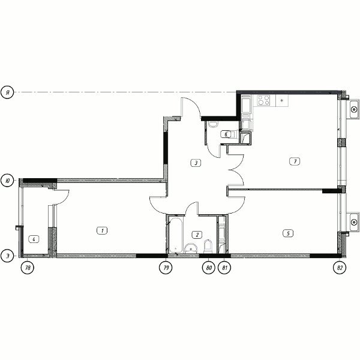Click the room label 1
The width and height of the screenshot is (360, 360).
(102, 230)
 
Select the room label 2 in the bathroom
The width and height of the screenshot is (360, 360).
(197, 235)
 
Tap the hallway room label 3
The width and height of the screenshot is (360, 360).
(196, 163)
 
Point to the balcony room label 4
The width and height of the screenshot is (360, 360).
(34, 239)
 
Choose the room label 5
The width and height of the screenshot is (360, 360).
(288, 233)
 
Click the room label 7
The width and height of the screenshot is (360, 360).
(295, 161)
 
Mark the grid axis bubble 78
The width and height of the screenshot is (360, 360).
(28, 268)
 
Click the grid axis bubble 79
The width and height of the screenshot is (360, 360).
(166, 268)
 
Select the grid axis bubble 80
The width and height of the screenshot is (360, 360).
(208, 268)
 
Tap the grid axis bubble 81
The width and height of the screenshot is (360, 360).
(224, 268)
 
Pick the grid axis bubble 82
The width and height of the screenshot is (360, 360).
(340, 268)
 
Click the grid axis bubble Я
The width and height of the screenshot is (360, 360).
(7, 92)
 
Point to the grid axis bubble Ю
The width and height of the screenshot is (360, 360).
(7, 180)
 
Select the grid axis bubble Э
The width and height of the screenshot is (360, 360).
(7, 256)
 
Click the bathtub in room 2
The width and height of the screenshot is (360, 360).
(176, 235)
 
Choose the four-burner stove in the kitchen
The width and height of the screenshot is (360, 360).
(263, 100)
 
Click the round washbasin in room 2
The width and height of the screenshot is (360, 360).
(191, 248)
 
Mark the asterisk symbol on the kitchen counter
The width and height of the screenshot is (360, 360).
(282, 100)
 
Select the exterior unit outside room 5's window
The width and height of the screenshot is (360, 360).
(353, 222)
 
